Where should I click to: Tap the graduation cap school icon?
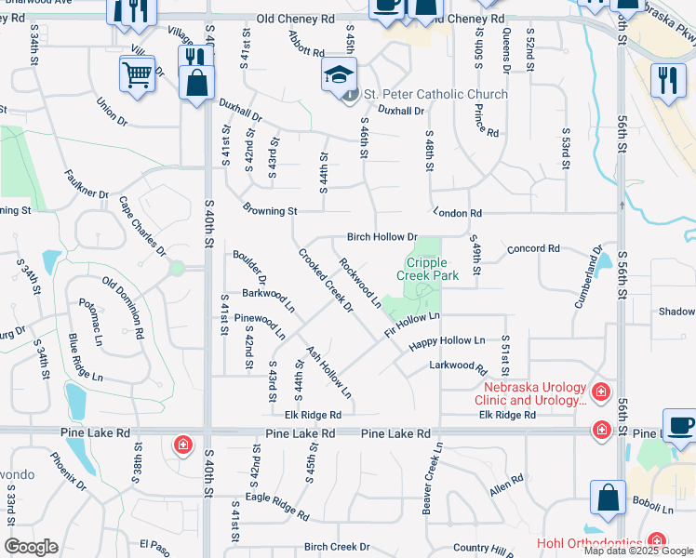338,74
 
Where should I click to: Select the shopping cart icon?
137,73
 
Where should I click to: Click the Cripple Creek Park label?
428,269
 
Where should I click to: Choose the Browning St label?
269,211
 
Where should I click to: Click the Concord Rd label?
533,249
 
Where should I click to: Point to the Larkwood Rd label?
453,365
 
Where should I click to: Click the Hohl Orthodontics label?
591,543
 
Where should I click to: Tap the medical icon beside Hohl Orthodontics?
657,540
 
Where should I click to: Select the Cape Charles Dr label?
142,225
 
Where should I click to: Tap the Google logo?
31,547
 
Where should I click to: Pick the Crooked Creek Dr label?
326,280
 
